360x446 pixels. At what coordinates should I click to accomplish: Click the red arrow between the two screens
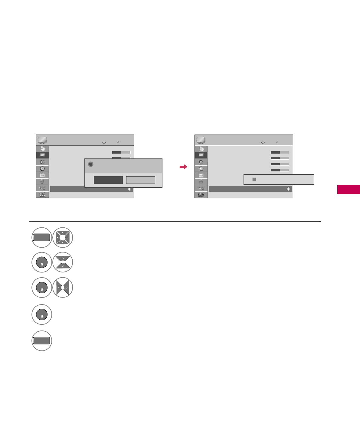click(183, 167)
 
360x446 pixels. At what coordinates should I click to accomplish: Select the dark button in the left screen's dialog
click(108, 180)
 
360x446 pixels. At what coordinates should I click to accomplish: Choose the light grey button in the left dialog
click(140, 180)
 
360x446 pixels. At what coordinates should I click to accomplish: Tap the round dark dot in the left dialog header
click(90, 164)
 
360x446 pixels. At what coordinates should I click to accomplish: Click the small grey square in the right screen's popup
click(254, 179)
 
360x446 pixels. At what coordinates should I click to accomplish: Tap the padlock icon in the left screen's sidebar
click(42, 182)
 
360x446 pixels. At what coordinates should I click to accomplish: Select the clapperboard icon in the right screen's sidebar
click(201, 195)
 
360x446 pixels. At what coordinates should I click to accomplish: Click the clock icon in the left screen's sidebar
click(42, 168)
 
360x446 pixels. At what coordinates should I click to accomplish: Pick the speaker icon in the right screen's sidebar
click(201, 162)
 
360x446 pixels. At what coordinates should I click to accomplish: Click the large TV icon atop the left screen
click(42, 140)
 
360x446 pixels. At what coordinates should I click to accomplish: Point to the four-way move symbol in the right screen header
click(263, 142)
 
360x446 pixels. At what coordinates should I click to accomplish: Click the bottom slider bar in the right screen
click(280, 170)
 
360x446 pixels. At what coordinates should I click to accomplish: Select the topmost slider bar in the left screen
click(121, 152)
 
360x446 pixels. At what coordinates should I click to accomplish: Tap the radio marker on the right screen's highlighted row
click(289, 189)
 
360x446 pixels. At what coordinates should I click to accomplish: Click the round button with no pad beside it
click(42, 314)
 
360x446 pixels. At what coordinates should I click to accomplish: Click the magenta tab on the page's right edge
click(349, 189)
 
